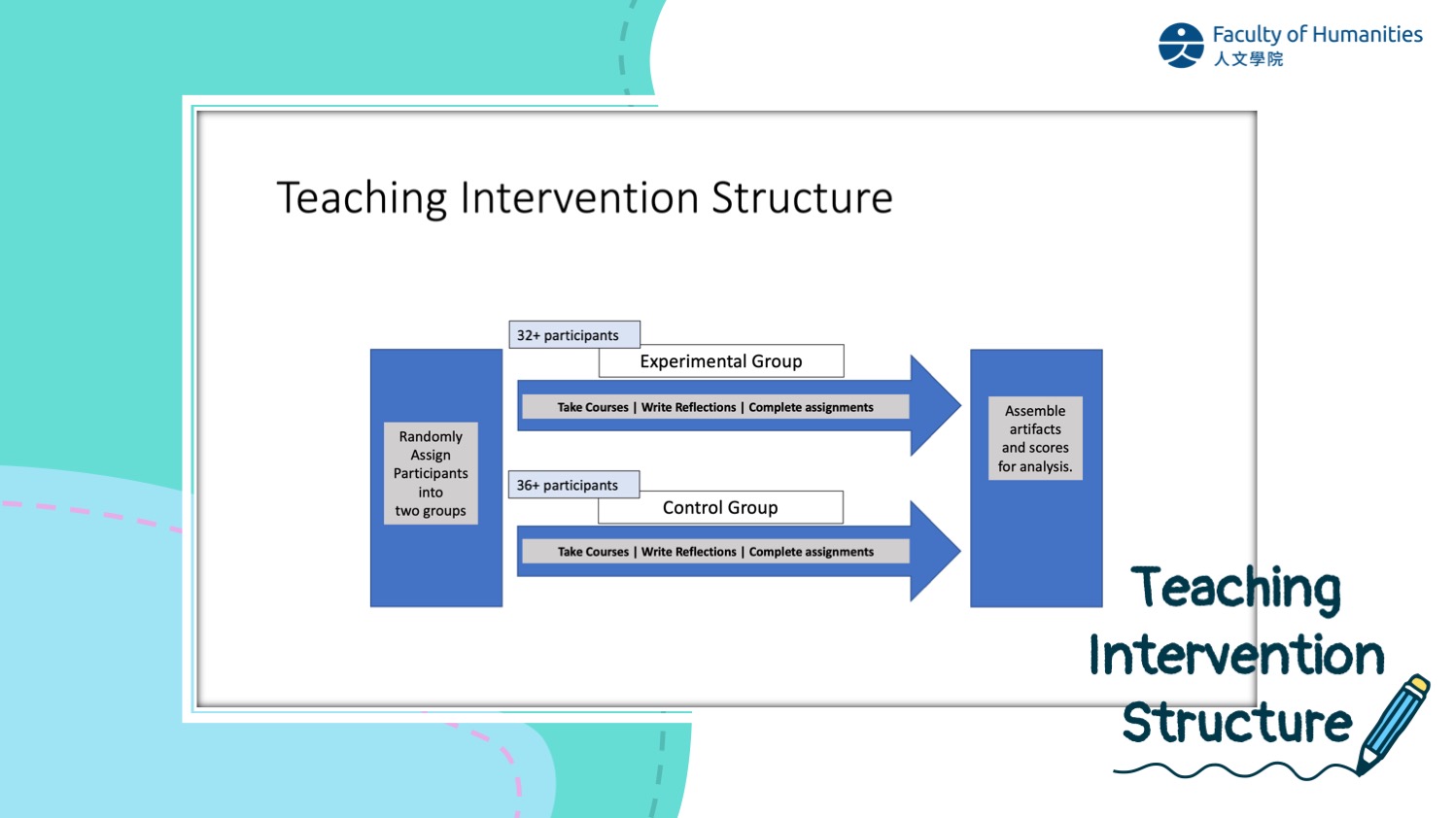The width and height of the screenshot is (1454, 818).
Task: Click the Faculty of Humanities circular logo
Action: [x=1181, y=46]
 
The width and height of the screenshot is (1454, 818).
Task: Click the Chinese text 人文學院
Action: [x=1248, y=59]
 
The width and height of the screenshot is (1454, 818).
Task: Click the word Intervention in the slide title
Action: [x=579, y=197]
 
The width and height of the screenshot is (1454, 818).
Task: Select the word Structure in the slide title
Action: [x=802, y=197]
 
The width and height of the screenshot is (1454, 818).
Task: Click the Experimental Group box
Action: [x=721, y=360]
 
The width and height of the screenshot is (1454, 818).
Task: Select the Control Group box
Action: [x=720, y=507]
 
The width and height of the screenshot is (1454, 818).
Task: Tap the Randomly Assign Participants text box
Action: [x=431, y=473]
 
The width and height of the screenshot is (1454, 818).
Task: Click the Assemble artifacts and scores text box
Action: [x=1035, y=438]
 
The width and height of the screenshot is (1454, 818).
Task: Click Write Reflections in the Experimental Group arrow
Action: [x=689, y=407]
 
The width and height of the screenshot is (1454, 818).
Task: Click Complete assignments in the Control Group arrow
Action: [x=812, y=552]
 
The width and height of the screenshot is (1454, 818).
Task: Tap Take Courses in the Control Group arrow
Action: [x=593, y=552]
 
